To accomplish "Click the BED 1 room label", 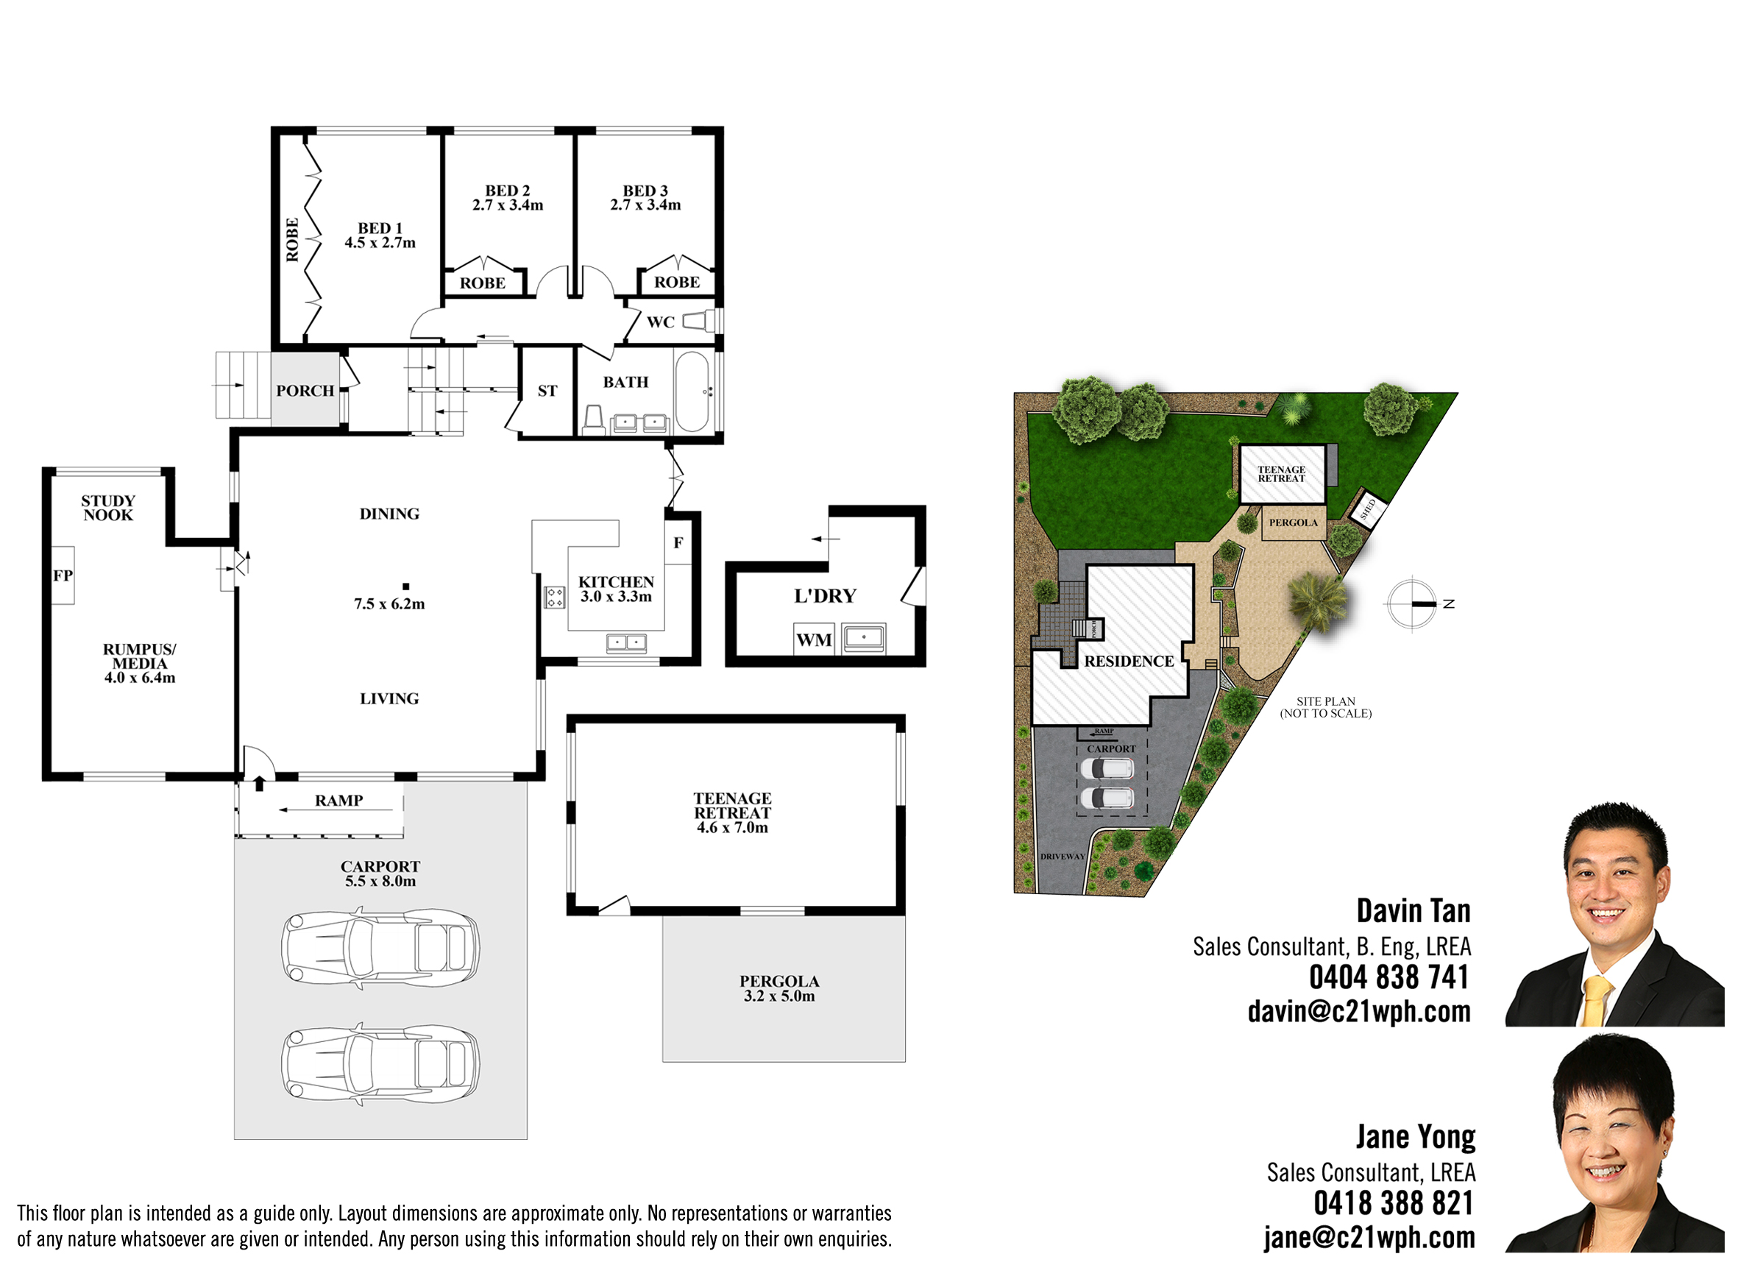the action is (380, 228).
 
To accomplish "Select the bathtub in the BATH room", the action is (692, 391).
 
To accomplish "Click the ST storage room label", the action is (547, 391).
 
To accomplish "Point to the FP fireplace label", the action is (63, 575).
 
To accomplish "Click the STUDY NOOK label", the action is (108, 508).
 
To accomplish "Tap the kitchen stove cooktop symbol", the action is (555, 597).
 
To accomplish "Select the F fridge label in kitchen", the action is (678, 542).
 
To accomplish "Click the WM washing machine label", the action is (814, 639).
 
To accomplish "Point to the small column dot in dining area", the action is (406, 587).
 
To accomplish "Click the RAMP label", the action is (338, 801).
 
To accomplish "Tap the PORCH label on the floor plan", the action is (305, 391).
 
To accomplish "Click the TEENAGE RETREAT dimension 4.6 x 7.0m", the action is (733, 827).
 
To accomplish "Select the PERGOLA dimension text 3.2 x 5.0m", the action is (779, 996).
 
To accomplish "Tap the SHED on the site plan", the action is (1368, 508).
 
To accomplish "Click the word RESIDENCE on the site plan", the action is (1129, 662).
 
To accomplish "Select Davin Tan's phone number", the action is (1389, 977).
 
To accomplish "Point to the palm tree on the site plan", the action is (1317, 600).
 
